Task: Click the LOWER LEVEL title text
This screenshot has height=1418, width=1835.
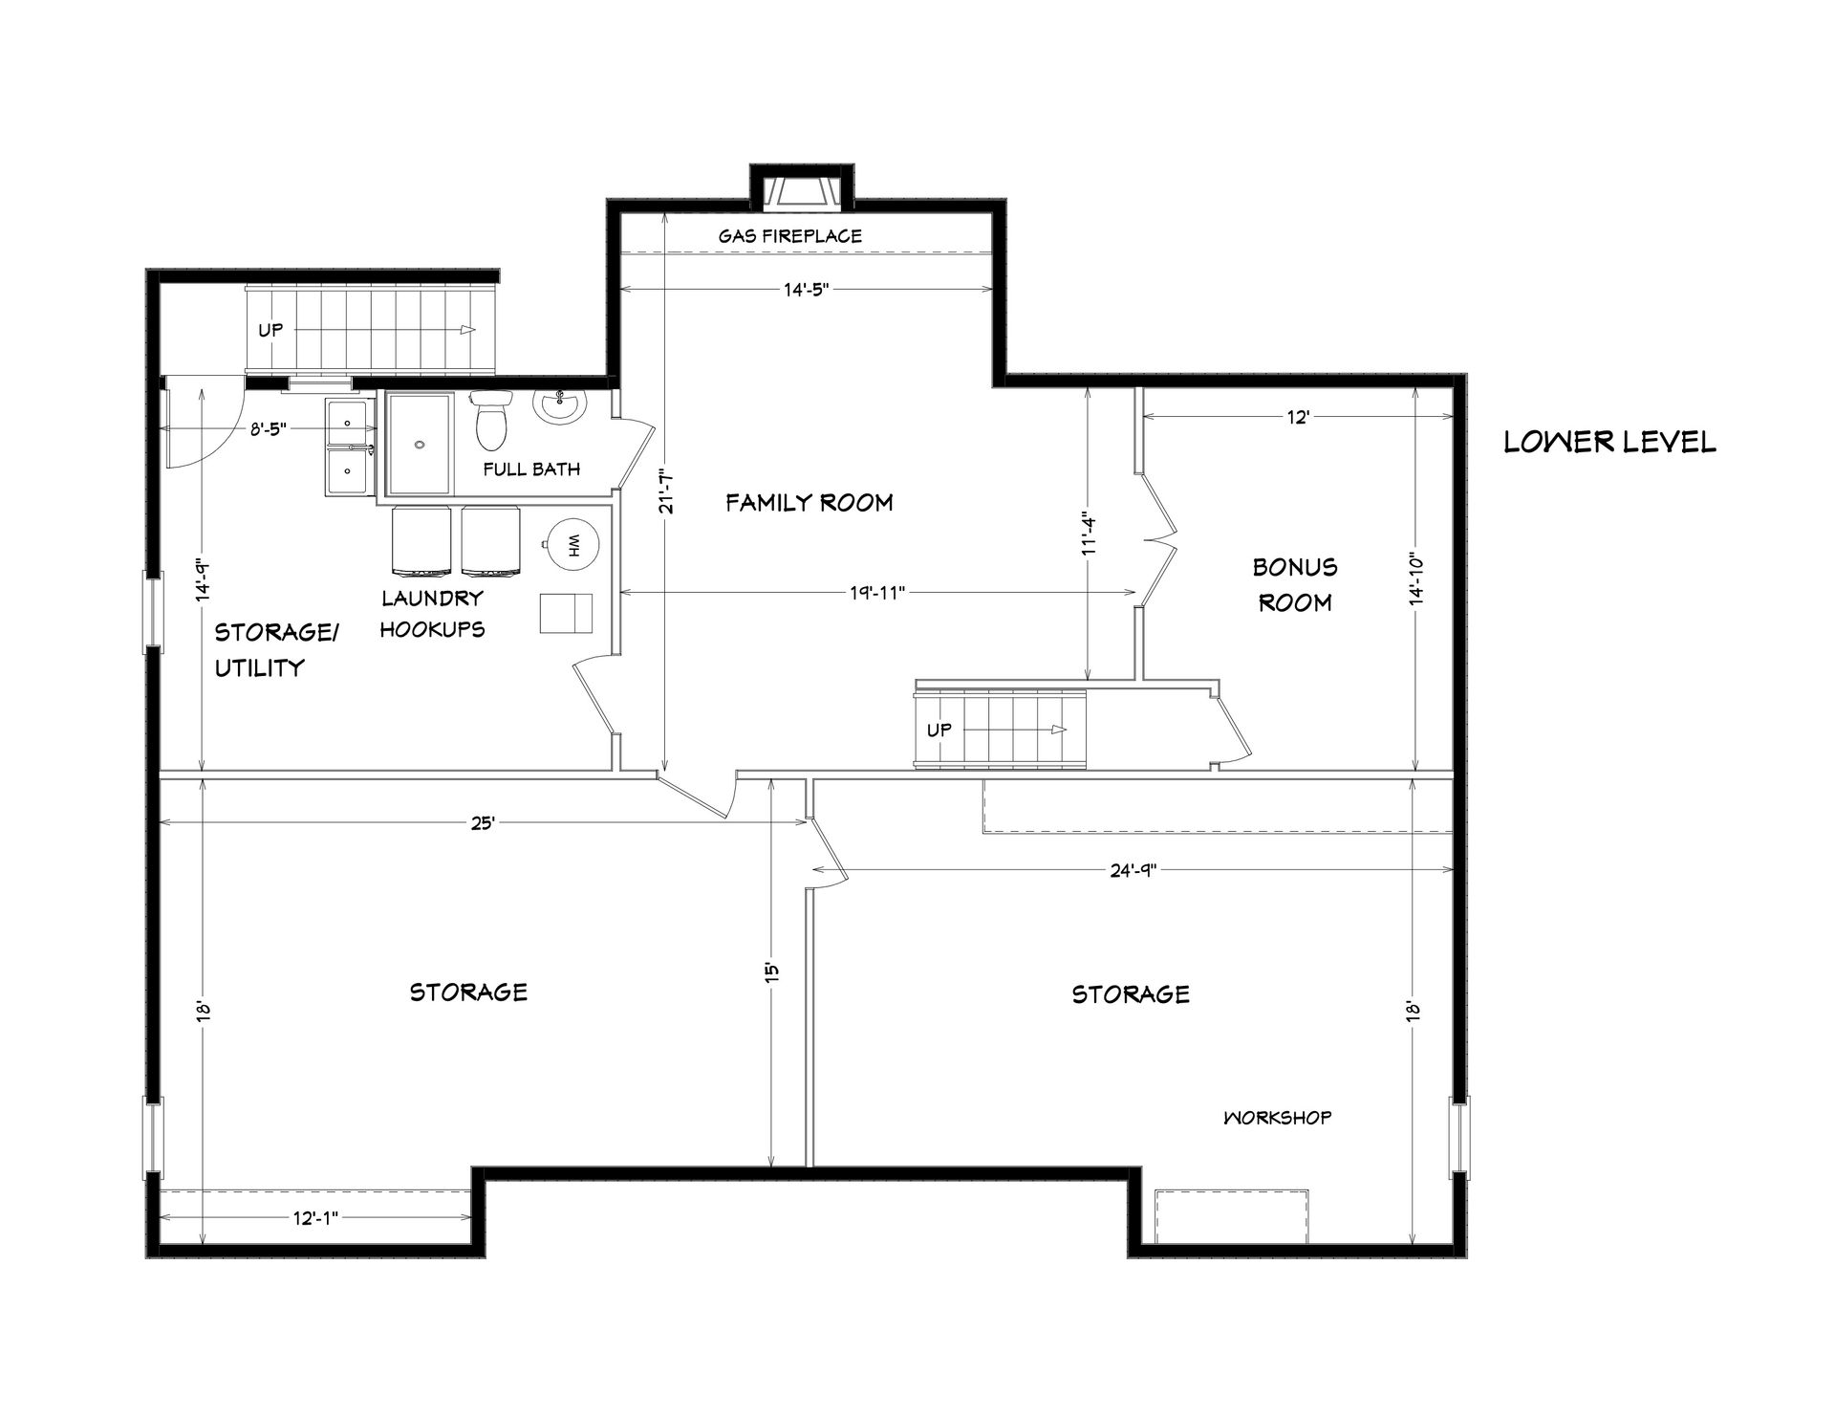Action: (x=1609, y=442)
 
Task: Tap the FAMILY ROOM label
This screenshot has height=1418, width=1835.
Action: (x=809, y=502)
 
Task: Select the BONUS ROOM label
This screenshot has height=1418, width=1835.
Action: (x=1295, y=584)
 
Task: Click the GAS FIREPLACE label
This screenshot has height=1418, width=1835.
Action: (x=790, y=235)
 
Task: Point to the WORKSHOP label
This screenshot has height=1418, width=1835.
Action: (x=1277, y=1117)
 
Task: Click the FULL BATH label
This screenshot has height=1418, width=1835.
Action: (x=531, y=469)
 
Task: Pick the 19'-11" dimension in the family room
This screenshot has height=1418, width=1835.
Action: (x=876, y=593)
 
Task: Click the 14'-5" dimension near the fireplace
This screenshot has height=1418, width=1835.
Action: (x=806, y=290)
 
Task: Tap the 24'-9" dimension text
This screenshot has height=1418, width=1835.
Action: (x=1133, y=869)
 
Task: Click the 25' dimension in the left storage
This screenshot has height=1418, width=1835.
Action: (x=482, y=822)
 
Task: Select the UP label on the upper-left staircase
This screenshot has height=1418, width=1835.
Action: (x=270, y=330)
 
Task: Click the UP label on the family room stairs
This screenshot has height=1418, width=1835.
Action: (x=939, y=730)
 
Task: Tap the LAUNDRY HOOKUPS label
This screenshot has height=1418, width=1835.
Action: (x=433, y=614)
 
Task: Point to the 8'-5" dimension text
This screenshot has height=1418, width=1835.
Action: (x=269, y=430)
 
